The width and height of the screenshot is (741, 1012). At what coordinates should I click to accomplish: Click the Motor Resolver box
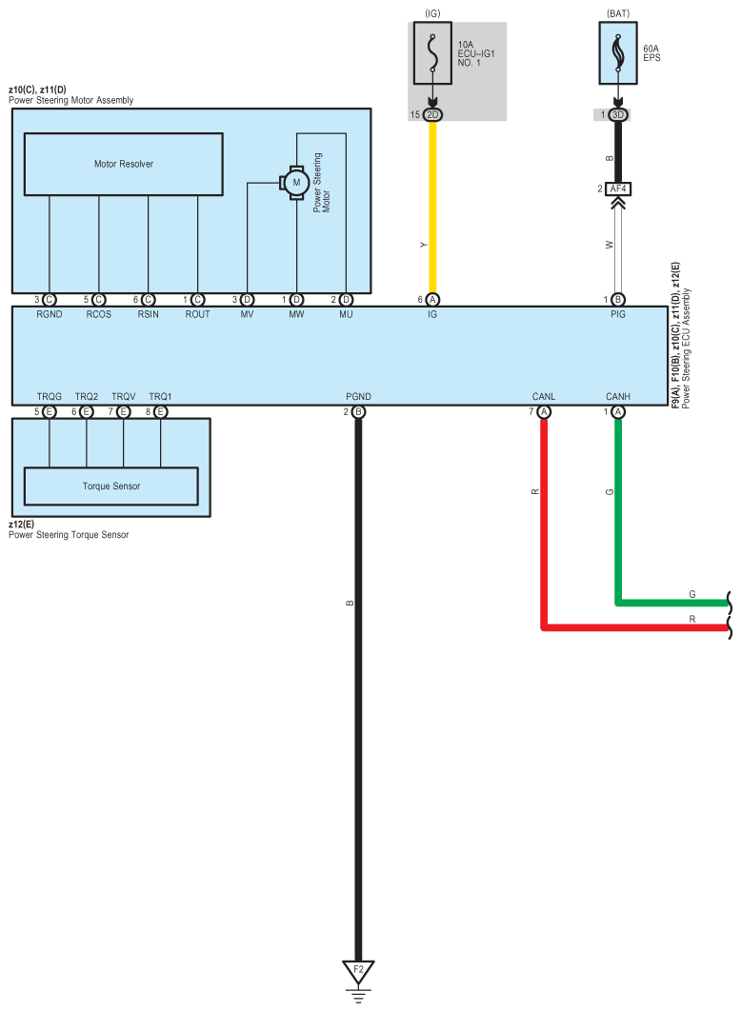[x=123, y=164]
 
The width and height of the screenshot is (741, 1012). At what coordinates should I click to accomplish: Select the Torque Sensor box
[x=110, y=486]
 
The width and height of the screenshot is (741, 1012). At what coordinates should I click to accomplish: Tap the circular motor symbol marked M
[x=295, y=182]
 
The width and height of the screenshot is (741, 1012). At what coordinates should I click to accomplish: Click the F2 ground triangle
[x=358, y=972]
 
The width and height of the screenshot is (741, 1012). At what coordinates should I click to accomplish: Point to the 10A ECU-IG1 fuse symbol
[x=433, y=60]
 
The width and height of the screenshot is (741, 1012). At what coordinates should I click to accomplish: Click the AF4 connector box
[x=618, y=189]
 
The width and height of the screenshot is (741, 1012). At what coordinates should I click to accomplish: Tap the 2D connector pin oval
[x=433, y=114]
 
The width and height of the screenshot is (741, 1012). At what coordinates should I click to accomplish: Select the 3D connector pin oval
[x=618, y=114]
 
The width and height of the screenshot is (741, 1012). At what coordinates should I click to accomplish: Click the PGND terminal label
[x=358, y=396]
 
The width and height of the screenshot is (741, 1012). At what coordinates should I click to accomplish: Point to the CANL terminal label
[x=544, y=396]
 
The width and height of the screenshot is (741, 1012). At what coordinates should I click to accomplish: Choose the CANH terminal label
[x=617, y=396]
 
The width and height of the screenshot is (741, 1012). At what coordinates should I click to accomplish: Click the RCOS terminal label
[x=99, y=314]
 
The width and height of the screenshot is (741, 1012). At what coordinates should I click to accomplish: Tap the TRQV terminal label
[x=123, y=396]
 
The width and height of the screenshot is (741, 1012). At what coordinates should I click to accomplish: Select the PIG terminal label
[x=618, y=314]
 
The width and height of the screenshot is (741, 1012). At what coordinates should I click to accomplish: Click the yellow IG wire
[x=433, y=209]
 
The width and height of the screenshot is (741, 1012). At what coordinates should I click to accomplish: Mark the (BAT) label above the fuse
[x=618, y=13]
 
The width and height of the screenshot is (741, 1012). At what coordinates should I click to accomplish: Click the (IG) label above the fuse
[x=433, y=13]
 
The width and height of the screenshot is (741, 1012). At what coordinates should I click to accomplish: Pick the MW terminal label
[x=296, y=314]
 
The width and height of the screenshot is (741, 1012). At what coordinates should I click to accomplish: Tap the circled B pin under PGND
[x=358, y=412]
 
